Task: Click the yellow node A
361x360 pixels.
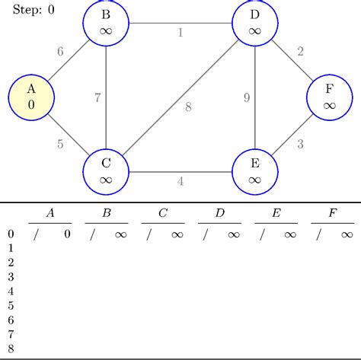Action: point(31,97)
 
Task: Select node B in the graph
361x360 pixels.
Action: point(106,23)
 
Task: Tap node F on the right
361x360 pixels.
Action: point(330,97)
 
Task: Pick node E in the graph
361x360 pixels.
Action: point(255,172)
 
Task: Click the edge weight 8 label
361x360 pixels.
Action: point(188,107)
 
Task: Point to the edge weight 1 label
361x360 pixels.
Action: point(180,33)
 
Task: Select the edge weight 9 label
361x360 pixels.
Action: point(247,97)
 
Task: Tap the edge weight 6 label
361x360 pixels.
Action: point(60,52)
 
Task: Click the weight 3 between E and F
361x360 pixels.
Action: point(300,144)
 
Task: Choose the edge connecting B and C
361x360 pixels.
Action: point(106,97)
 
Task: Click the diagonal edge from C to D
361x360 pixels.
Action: point(180,97)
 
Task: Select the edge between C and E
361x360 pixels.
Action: point(180,172)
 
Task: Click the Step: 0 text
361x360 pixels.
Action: point(34,10)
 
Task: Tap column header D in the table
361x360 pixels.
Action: point(220,213)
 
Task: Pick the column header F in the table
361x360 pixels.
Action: point(333,213)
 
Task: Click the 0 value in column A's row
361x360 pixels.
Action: point(67,234)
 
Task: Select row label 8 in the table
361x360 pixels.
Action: point(11,349)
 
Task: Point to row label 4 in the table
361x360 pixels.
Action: point(11,292)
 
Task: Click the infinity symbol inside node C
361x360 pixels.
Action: point(106,180)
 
